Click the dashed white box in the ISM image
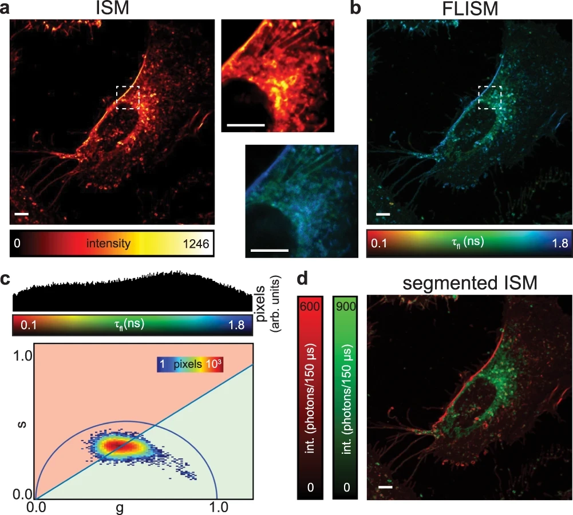[x=128, y=97]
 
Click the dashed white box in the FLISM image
[x=489, y=97]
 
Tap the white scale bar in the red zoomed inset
[x=246, y=124]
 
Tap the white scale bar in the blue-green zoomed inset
[x=269, y=250]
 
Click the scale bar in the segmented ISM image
[x=386, y=488]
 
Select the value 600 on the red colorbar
[x=314, y=307]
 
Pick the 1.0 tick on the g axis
[x=217, y=506]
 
